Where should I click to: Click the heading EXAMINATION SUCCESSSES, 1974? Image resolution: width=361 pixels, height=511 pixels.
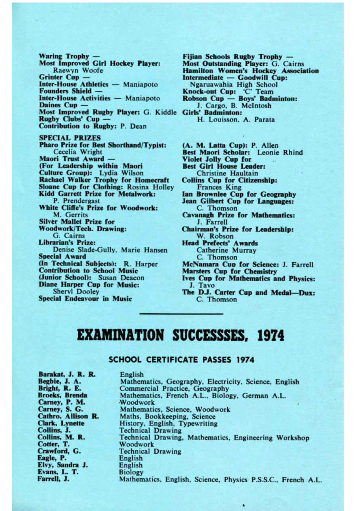tap(180, 335)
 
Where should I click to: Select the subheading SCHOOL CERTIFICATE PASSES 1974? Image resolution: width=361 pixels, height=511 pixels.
tap(181, 360)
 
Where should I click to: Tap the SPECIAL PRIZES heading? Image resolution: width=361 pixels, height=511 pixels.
tap(70, 138)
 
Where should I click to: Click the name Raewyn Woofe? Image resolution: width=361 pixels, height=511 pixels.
tap(78, 70)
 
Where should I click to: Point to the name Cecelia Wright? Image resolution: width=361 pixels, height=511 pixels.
tap(77, 152)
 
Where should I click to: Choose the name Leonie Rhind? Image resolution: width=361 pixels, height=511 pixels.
tap(280, 152)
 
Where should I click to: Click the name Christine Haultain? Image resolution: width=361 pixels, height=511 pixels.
tap(227, 173)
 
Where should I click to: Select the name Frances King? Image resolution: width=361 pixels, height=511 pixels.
tap(219, 187)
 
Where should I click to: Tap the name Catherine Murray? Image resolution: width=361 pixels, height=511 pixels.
tap(226, 250)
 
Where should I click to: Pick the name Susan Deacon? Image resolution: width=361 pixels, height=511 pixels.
tap(121, 278)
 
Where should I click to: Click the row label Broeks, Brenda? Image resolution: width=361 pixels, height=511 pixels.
tap(62, 395)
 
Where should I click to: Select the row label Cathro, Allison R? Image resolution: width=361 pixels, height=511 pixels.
tap(68, 416)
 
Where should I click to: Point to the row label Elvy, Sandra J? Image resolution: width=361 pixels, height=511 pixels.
tap(63, 465)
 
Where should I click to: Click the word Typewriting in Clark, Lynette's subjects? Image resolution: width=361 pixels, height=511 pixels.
tap(198, 424)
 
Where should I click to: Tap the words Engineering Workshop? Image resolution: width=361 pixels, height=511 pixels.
tap(271, 438)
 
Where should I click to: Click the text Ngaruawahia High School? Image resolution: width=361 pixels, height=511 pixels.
tap(234, 85)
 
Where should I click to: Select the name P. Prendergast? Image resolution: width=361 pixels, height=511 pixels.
tap(76, 201)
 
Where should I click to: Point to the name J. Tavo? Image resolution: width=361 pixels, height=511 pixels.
tap(202, 285)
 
